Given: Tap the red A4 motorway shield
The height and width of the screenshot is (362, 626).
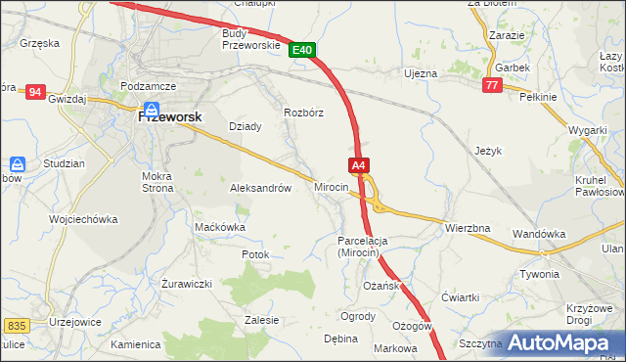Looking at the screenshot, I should (359, 166).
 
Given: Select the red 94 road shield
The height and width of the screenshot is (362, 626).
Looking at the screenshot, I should (35, 92).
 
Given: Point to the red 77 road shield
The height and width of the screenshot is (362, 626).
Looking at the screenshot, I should (492, 86).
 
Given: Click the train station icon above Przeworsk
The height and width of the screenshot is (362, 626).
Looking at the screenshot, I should (152, 110).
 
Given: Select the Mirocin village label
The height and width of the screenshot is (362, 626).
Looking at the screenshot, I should (332, 187).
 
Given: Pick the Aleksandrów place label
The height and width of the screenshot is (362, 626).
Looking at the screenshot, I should (260, 188).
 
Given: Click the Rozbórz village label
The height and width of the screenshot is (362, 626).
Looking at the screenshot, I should (303, 113).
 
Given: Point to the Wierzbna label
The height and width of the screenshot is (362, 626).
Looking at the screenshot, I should (468, 228).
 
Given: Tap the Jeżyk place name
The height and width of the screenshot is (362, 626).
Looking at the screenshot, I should (487, 152).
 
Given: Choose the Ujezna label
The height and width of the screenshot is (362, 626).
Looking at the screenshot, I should (422, 73).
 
